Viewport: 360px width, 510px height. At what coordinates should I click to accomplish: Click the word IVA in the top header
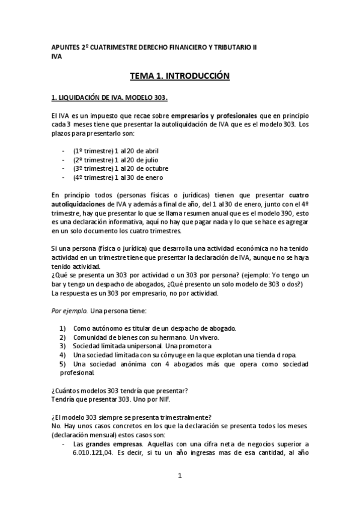point(56,58)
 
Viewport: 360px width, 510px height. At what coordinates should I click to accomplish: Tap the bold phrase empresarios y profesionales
point(204,115)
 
